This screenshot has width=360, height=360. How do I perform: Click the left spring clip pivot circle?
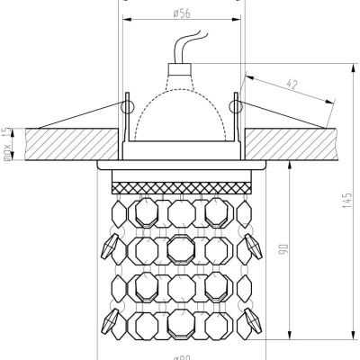(x=125, y=107)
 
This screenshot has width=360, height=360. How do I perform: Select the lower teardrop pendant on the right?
(x=251, y=317)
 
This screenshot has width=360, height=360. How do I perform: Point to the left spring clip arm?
(x=76, y=120)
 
